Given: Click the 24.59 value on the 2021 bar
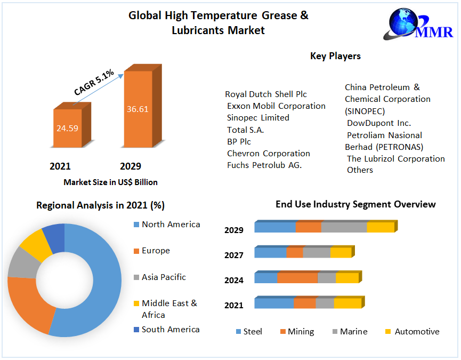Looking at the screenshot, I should pos(67,128).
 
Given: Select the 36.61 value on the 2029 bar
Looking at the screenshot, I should pos(138,109).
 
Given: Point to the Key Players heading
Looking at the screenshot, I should pos(335,56).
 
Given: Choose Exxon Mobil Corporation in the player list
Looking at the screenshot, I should pos(276,106).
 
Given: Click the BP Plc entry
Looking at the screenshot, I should pos(239,141).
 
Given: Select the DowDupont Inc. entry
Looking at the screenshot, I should pos(378,123).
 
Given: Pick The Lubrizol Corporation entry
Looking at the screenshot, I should pos(395,158).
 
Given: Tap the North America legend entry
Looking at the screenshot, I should pos(171,224).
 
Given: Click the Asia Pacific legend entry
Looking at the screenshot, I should pos(164,277).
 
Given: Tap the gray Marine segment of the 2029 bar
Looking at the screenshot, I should pos(344,227).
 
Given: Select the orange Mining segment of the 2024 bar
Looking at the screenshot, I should pos(297,278).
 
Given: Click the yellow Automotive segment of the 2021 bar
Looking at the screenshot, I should pos(347,303).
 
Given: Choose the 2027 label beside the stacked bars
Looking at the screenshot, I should pos(234,255).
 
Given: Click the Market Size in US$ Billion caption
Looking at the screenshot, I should pos(110,182).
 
